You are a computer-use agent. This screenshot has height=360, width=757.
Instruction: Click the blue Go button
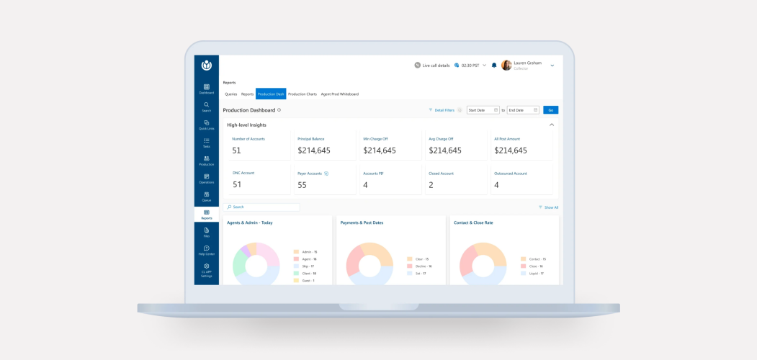point(550,110)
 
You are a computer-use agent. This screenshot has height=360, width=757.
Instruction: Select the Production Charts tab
point(303,94)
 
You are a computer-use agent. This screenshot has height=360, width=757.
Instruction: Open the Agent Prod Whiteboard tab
point(340,94)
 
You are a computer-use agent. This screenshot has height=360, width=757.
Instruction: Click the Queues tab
point(230,94)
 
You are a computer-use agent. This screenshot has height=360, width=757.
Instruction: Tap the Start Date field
point(483,110)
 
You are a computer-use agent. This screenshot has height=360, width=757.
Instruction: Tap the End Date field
point(523,110)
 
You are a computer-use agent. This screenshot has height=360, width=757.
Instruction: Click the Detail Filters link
point(444,110)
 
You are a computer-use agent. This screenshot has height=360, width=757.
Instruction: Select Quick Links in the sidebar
point(207,125)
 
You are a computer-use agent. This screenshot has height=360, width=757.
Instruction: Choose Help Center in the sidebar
point(207,251)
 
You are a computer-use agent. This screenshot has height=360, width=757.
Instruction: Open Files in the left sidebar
point(207,233)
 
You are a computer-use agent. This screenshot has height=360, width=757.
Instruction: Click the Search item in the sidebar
point(207,107)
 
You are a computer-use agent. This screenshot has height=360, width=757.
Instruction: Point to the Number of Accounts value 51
point(237,150)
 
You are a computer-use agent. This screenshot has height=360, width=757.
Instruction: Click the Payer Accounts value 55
point(303,185)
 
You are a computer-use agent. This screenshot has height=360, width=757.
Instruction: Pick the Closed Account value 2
point(431,185)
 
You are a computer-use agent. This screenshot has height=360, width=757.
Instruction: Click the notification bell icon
point(494,66)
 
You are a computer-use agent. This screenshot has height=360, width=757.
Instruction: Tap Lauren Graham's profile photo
point(506,66)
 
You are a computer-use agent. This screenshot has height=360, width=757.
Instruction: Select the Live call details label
point(436,66)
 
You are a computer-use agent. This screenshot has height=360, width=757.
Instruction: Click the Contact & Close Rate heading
point(473,222)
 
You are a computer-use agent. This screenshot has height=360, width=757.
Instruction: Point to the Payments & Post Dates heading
point(362,222)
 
